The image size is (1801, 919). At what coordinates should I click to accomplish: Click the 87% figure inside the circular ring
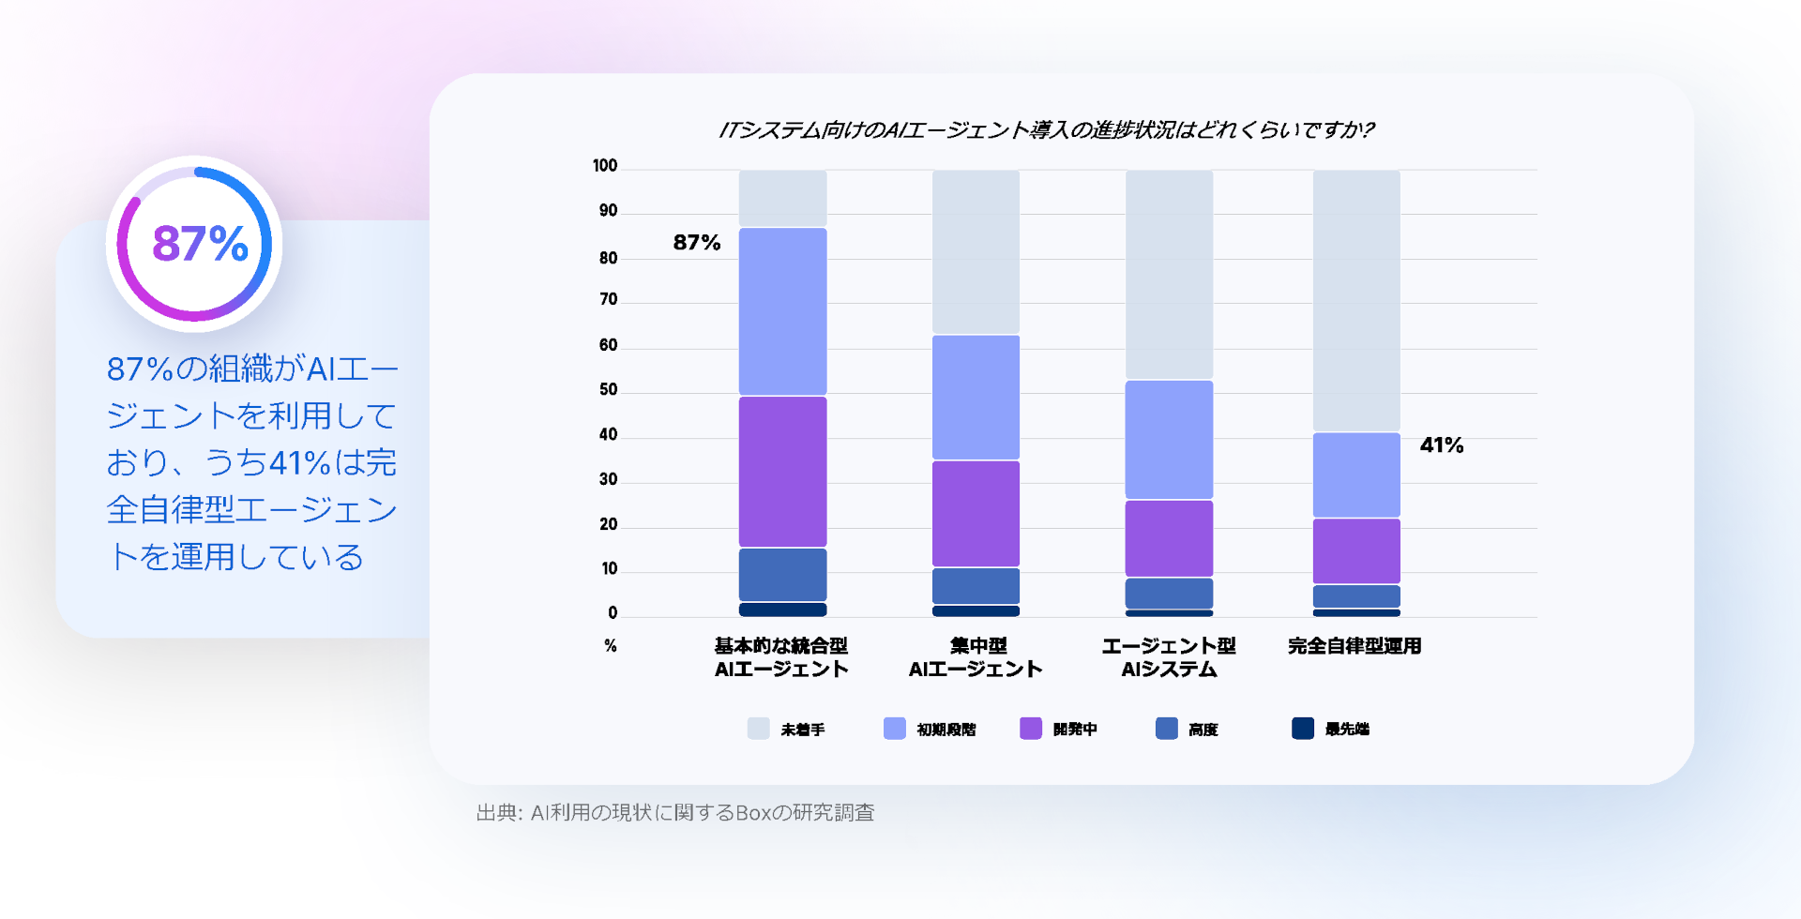coord(200,244)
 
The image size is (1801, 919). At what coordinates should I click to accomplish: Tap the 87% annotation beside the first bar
coord(696,243)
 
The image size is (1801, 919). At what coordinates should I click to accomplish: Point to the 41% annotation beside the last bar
coord(1441,445)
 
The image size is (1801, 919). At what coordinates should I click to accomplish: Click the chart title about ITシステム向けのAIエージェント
coord(1045,130)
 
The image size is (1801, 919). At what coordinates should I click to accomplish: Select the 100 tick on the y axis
coord(605,166)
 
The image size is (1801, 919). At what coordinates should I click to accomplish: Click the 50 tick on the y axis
coord(608,390)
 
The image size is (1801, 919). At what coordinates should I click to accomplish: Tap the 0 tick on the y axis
coord(613,613)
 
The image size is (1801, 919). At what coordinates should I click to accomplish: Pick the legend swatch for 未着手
coord(758,729)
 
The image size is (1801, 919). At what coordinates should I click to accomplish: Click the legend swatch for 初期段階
coord(894,729)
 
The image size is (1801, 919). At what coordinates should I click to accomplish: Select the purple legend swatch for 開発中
coord(1030,729)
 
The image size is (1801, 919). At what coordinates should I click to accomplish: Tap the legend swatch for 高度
coord(1166,729)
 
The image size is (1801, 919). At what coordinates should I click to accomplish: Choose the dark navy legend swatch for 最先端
coord(1302,729)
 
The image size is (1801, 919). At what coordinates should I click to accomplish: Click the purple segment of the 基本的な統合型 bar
coord(782,472)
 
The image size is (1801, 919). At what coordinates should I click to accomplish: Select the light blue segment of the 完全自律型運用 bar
coord(1356,475)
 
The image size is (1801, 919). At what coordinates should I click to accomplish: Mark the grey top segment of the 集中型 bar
coord(976,251)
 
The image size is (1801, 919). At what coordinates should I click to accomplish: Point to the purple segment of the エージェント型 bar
coord(1169,538)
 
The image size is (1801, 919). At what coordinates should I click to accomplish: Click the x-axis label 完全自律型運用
coord(1355,646)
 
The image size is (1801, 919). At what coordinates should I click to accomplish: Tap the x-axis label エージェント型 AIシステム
coord(1169,657)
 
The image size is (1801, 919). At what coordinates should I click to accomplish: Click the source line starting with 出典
coord(675,813)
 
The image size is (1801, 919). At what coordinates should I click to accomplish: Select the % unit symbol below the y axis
coord(611,646)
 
